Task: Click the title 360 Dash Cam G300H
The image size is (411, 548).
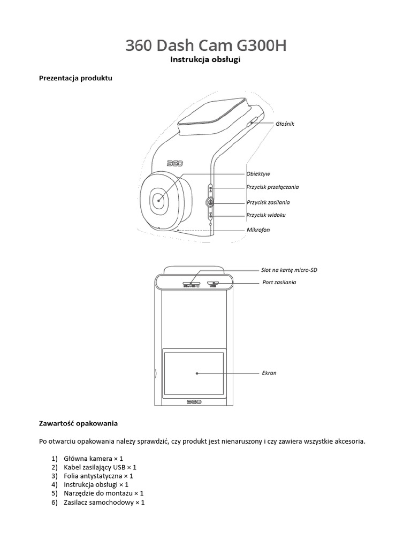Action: tap(205, 46)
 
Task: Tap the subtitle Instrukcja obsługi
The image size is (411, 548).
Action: tap(205, 60)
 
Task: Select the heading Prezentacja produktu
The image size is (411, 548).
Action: tap(75, 78)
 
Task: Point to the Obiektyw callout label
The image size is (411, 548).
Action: tap(258, 174)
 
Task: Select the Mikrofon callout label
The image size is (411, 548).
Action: tap(258, 230)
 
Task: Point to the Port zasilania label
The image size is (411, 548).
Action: tap(279, 282)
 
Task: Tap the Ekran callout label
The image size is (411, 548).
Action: tap(269, 373)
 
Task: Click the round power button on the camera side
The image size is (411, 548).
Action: tap(210, 202)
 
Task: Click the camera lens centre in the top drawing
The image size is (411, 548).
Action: tap(158, 201)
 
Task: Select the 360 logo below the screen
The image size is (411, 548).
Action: tap(194, 401)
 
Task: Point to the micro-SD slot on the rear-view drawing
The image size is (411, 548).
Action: tap(192, 284)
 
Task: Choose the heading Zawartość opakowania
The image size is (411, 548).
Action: tap(78, 423)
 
